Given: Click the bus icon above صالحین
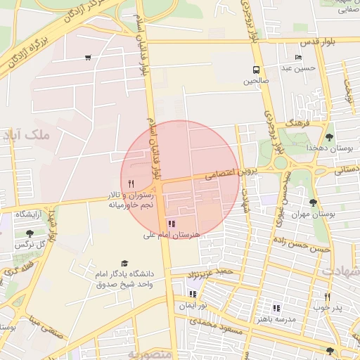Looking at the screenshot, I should [x=255, y=70].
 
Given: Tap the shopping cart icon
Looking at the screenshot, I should [x=88, y=58].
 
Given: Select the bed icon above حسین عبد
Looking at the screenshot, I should [x=298, y=57].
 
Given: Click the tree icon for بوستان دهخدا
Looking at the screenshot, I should [x=330, y=136].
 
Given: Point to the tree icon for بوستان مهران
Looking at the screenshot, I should [x=313, y=202].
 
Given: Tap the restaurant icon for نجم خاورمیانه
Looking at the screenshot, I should [x=130, y=183].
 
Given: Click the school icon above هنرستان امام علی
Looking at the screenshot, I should [x=172, y=224].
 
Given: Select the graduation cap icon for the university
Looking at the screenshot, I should [x=124, y=263].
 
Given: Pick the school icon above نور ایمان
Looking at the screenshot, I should [x=193, y=294].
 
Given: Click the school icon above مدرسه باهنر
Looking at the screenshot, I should [x=276, y=307].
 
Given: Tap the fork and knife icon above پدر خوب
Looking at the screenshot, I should [x=327, y=297].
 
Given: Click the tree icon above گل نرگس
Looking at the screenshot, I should [x=29, y=233].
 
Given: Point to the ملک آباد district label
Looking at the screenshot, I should [x=27, y=134].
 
